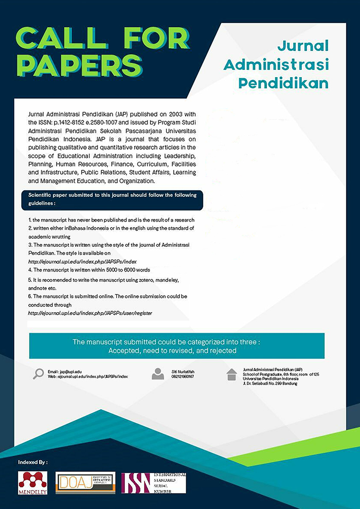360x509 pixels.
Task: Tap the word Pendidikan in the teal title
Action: pyautogui.click(x=294, y=83)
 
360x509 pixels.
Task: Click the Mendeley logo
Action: pyautogui.click(x=32, y=482)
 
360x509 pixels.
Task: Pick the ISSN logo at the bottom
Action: pyautogui.click(x=153, y=483)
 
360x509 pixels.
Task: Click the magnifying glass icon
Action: pyautogui.click(x=38, y=374)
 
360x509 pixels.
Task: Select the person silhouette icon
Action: pyautogui.click(x=158, y=374)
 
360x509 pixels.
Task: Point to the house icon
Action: pyautogui.click(x=232, y=374)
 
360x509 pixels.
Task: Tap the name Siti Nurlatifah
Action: pyautogui.click(x=184, y=371)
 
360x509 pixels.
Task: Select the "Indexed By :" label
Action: pyautogui.click(x=33, y=462)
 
